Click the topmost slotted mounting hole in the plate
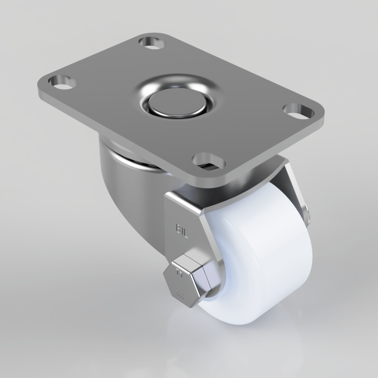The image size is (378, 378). [152, 42]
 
